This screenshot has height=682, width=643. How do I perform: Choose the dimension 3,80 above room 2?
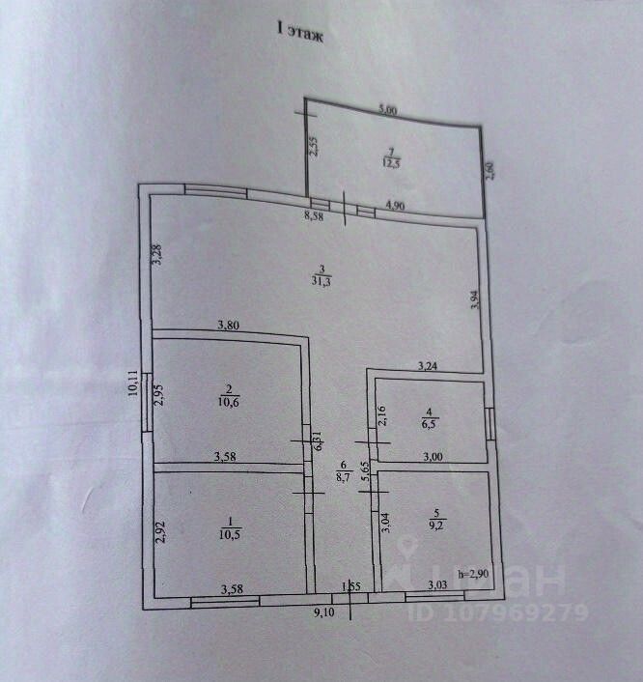tap(229, 325)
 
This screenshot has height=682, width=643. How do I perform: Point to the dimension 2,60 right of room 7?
tap(489, 169)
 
